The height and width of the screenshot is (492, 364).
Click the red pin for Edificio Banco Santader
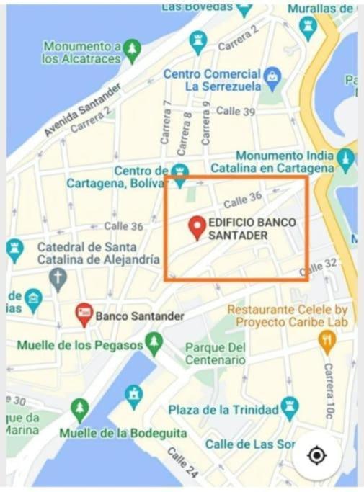pos(196,228)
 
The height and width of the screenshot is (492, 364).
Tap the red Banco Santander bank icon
pos(84,315)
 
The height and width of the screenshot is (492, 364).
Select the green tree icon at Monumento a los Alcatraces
pos(131,50)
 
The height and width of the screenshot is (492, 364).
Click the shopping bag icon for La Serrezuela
pos(272,75)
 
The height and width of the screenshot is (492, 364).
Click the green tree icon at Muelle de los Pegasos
pos(154,344)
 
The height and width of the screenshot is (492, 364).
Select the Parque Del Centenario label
pos(215,354)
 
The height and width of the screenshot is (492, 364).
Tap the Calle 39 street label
pos(236,111)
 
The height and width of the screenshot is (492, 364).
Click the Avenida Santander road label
pos(81,109)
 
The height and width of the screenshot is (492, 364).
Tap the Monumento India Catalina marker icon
pos(347,157)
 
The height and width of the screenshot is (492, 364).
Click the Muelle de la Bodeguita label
pos(123,433)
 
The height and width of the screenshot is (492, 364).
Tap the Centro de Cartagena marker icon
pos(180,171)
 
